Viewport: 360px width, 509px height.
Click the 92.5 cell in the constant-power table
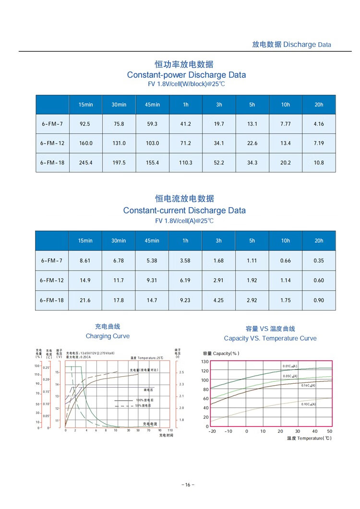(85, 124)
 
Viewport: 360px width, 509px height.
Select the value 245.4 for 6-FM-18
(85, 163)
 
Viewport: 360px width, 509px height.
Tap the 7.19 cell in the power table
(319, 143)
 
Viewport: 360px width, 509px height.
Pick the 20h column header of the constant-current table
(319, 241)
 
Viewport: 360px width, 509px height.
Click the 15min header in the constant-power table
(85, 105)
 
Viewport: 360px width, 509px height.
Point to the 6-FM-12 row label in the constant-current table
(52, 280)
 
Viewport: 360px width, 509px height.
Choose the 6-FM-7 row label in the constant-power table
(52, 124)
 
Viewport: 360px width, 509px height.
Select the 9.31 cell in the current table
(152, 280)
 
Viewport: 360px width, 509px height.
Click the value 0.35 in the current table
(319, 261)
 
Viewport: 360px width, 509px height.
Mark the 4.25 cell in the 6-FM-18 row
(219, 300)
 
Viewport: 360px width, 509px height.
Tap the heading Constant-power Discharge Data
(186, 75)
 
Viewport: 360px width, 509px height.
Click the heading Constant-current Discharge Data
(184, 211)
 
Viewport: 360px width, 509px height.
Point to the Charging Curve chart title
(108, 336)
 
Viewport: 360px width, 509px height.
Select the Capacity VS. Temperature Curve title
(270, 338)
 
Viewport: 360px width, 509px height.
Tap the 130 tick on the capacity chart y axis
(205, 361)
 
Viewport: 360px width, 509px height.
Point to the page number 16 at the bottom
(188, 485)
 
